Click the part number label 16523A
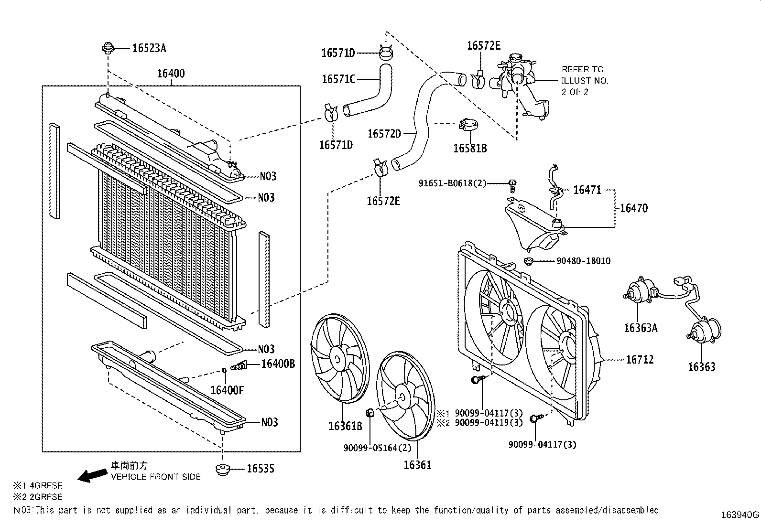click(149, 48)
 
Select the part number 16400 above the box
click(171, 74)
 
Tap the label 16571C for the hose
click(338, 79)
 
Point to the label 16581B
click(469, 149)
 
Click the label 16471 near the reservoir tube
click(587, 190)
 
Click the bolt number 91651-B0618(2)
click(452, 183)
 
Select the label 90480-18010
click(583, 261)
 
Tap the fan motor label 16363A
click(640, 328)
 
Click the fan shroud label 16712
click(640, 359)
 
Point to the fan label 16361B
click(345, 426)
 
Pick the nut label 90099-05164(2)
click(377, 448)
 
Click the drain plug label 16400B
click(278, 364)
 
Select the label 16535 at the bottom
click(260, 469)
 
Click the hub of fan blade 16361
click(402, 396)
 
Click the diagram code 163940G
click(739, 515)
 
